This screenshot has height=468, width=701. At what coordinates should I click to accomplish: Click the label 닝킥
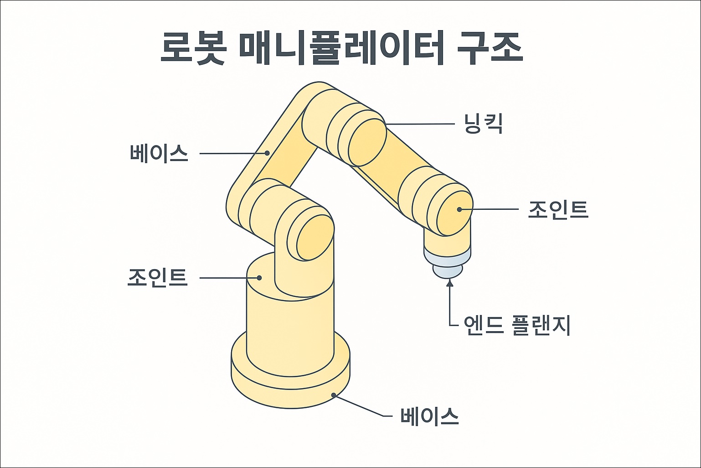(x=483, y=124)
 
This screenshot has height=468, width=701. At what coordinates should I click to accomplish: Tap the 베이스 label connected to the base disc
(x=429, y=416)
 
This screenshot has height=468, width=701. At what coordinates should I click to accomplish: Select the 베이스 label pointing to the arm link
(x=159, y=153)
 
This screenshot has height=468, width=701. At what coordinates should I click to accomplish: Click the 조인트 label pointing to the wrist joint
(x=558, y=209)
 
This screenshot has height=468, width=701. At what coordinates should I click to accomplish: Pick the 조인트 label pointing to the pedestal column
(x=158, y=277)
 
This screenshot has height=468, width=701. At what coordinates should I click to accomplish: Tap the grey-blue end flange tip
(x=447, y=271)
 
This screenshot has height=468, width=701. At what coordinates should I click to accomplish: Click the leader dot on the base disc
(x=335, y=395)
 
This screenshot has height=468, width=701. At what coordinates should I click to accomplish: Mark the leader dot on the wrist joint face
(x=459, y=209)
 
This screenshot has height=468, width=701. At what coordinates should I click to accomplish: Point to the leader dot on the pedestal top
(x=259, y=277)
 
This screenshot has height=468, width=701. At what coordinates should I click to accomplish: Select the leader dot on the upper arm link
(x=268, y=153)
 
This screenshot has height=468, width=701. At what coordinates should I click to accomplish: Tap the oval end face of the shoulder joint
(x=315, y=237)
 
